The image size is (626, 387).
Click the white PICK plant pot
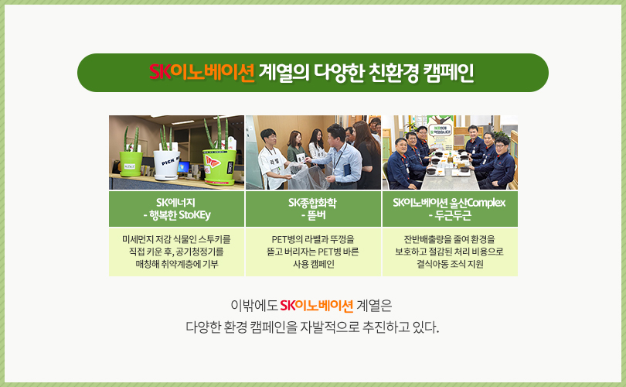[x=167, y=165]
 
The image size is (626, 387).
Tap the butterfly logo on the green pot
[x=213, y=162]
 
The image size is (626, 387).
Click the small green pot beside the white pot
[x=131, y=163]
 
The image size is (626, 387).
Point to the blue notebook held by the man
[x=347, y=170]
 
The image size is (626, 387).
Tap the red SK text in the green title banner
[x=160, y=72]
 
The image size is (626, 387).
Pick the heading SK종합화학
[x=312, y=203]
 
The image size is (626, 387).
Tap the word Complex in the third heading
[x=485, y=203]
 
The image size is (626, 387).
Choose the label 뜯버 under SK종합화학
[x=316, y=215]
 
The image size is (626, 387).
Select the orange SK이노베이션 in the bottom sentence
[x=317, y=306]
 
